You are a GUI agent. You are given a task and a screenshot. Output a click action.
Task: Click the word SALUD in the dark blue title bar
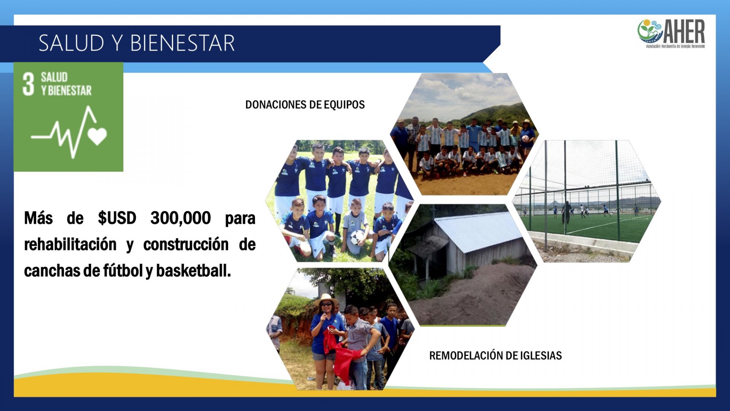pyautogui.click(x=71, y=43)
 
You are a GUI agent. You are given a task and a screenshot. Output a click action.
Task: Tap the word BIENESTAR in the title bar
pyautogui.click(x=182, y=43)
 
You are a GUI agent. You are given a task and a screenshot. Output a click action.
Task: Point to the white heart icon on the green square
pyautogui.click(x=97, y=136)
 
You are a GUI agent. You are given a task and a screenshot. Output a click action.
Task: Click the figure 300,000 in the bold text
pyautogui.click(x=181, y=218)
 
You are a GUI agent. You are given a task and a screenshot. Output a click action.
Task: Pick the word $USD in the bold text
pyautogui.click(x=117, y=218)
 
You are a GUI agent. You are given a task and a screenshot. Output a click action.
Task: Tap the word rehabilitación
pyautogui.click(x=70, y=244)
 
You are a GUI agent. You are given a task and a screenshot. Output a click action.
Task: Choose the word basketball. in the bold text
pyautogui.click(x=194, y=271)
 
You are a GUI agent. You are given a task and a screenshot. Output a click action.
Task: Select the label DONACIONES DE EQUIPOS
pyautogui.click(x=305, y=105)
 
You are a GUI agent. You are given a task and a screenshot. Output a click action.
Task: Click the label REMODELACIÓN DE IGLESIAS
pyautogui.click(x=495, y=355)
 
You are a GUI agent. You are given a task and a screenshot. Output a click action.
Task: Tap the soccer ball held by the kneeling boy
pyautogui.click(x=357, y=237)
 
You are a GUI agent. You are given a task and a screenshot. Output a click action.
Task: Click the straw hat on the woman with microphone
pyautogui.click(x=326, y=300)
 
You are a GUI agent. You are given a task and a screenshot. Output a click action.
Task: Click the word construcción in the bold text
pyautogui.click(x=186, y=244)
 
